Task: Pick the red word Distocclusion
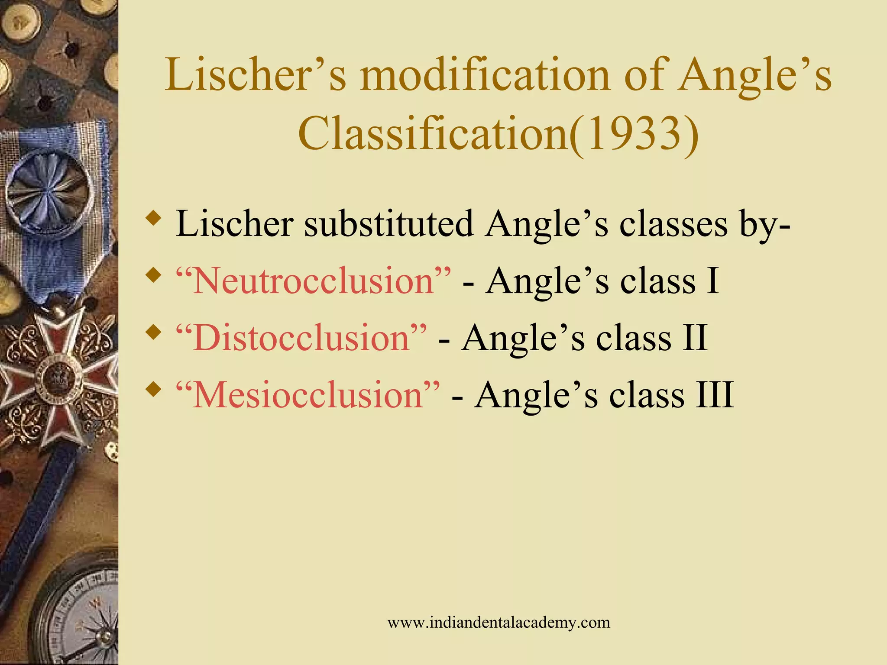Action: coord(301,338)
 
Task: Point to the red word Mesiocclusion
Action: coord(308,395)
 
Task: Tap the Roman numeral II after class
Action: coord(695,338)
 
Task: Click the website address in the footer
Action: coord(499,623)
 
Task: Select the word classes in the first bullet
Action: coord(673,224)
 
